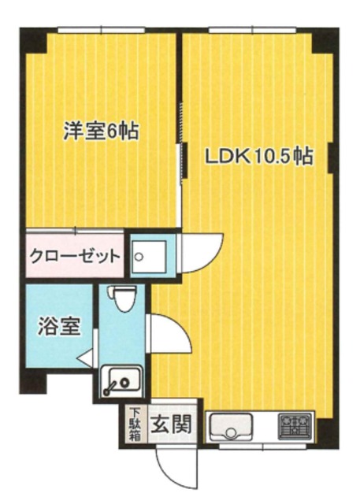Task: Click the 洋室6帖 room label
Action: click(101, 131)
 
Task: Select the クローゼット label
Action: click(75, 256)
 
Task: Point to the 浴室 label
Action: click(59, 327)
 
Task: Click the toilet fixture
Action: click(123, 299)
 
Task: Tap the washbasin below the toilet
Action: click(122, 383)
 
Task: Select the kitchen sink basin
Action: click(232, 428)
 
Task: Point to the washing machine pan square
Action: click(149, 256)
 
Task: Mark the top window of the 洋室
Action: click(101, 31)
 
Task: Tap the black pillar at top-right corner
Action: click(325, 39)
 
